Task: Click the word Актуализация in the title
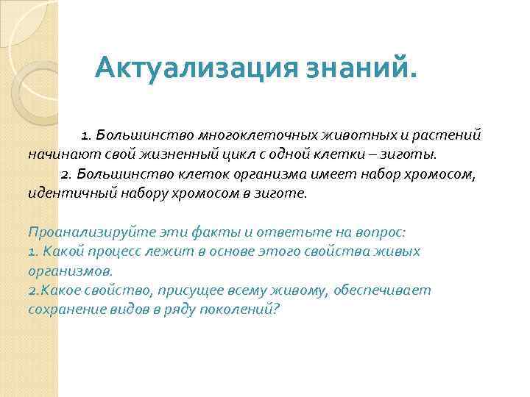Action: [x=194, y=71]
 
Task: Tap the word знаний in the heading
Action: [x=356, y=71]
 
